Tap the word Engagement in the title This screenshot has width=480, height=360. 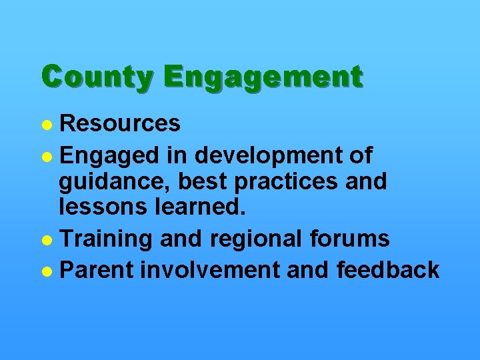[x=264, y=77]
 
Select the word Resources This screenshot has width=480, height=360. [x=120, y=123]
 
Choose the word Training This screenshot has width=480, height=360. [x=107, y=239]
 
